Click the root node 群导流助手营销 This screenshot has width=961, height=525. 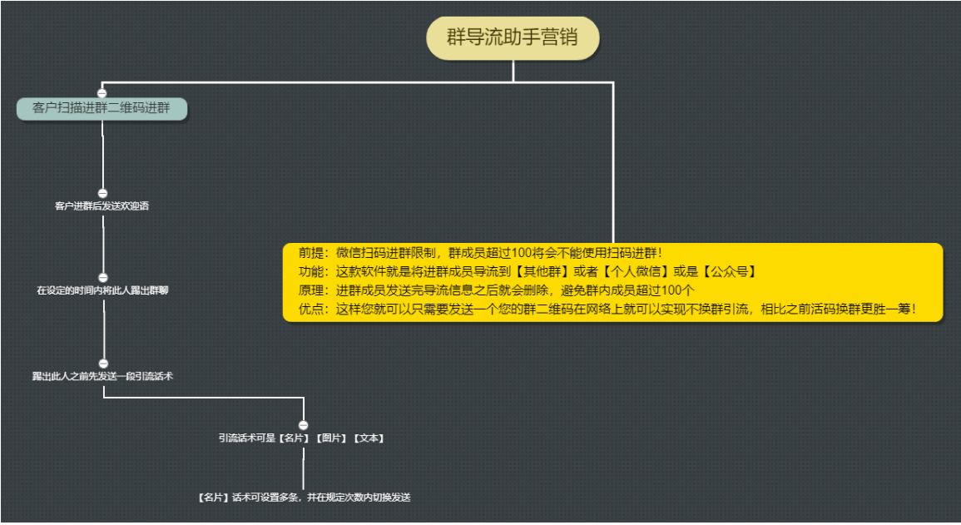point(513,38)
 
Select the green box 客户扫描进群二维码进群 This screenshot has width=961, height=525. point(102,108)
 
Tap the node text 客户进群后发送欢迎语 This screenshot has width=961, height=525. point(102,206)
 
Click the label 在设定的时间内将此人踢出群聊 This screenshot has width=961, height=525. point(102,290)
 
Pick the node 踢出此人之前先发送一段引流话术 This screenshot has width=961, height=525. point(103,376)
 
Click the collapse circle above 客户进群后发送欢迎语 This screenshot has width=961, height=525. point(102,194)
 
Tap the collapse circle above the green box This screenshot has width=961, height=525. point(102,93)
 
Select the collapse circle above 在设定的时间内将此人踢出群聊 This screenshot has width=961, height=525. point(103,278)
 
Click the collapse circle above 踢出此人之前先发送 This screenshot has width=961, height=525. point(103,364)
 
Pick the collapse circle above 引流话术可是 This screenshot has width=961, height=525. point(304,425)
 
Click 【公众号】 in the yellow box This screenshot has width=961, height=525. point(729,271)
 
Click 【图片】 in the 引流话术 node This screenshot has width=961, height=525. point(332,438)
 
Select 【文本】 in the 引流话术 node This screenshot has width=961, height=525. point(369,438)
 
